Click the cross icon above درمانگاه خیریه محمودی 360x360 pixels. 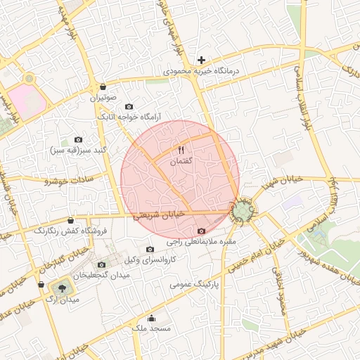202,60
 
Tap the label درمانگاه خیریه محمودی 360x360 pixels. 202,71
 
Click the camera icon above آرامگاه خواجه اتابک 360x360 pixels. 129,106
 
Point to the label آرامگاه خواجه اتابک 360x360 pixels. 129,116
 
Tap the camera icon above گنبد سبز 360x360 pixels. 78,140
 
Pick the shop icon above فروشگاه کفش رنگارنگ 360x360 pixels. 70,221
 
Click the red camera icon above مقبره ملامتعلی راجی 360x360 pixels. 202,231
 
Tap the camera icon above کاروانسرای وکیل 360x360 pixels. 149,249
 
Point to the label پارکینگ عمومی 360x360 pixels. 194,285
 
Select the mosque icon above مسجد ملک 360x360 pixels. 151,318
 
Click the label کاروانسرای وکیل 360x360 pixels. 149,259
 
